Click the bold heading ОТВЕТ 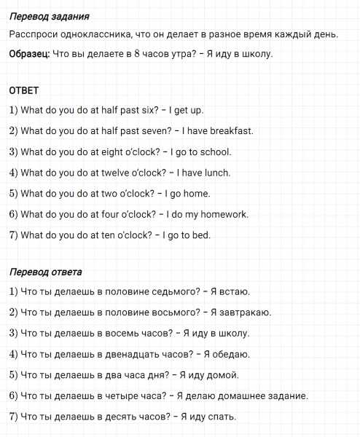pos(23,91)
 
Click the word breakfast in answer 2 pos(230,131)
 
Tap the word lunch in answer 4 pos(216,173)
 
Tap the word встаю pos(233,292)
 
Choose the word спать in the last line pos(222,417)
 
